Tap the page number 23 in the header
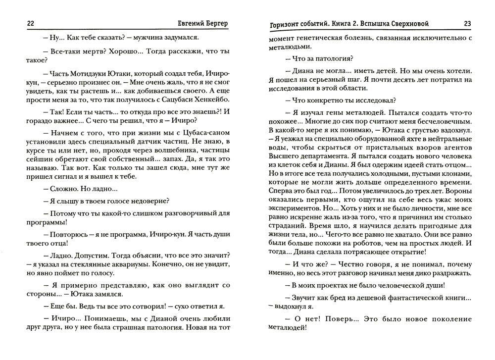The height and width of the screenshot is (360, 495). coord(468,23)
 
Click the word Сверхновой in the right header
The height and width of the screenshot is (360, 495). coord(405,23)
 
